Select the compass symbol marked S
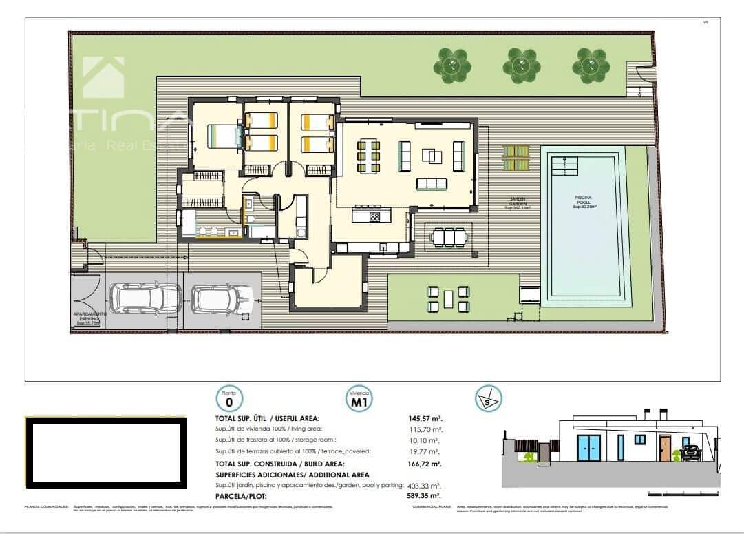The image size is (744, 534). pyautogui.click(x=488, y=398)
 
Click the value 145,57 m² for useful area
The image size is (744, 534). pyautogui.click(x=425, y=418)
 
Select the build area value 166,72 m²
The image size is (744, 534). pyautogui.click(x=425, y=464)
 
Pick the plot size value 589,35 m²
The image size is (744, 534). pyautogui.click(x=425, y=495)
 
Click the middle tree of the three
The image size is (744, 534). pyautogui.click(x=521, y=65)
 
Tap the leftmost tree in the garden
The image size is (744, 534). pyautogui.click(x=452, y=65)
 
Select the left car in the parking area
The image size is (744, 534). pyautogui.click(x=145, y=297)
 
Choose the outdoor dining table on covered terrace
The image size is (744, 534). pyautogui.click(x=449, y=237)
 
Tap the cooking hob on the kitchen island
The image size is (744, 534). pyautogui.click(x=375, y=216)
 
